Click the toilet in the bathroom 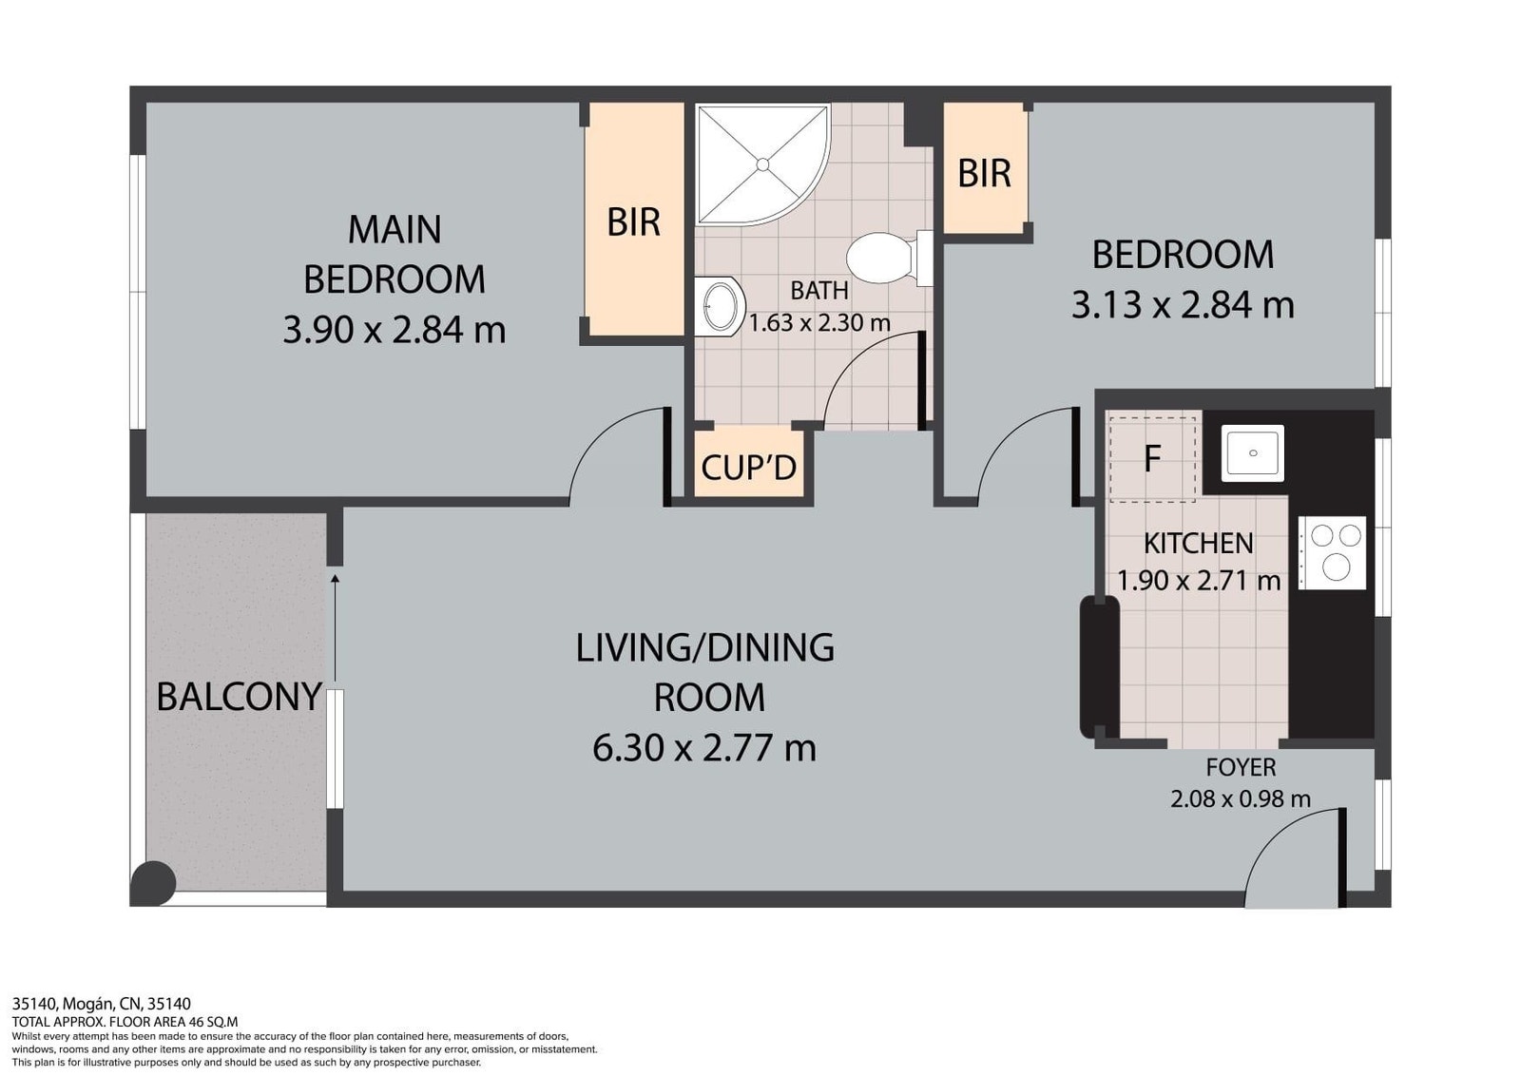coord(889,258)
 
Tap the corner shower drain coord(762,164)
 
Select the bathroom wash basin coord(719,306)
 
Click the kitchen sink coord(1253,452)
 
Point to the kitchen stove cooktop coord(1332,552)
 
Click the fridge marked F coord(1152,459)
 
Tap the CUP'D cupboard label coord(748,468)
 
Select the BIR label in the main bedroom coord(633,222)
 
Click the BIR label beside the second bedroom coord(984,173)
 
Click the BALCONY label coord(239,697)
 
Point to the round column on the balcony coord(153,883)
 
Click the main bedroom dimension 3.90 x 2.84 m coord(394,332)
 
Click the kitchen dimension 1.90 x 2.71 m coord(1199,581)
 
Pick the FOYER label coord(1241,767)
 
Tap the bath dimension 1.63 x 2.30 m coord(819,322)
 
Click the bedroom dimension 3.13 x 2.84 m coord(1183,305)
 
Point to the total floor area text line coord(125,1021)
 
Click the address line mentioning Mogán coord(101,1004)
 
